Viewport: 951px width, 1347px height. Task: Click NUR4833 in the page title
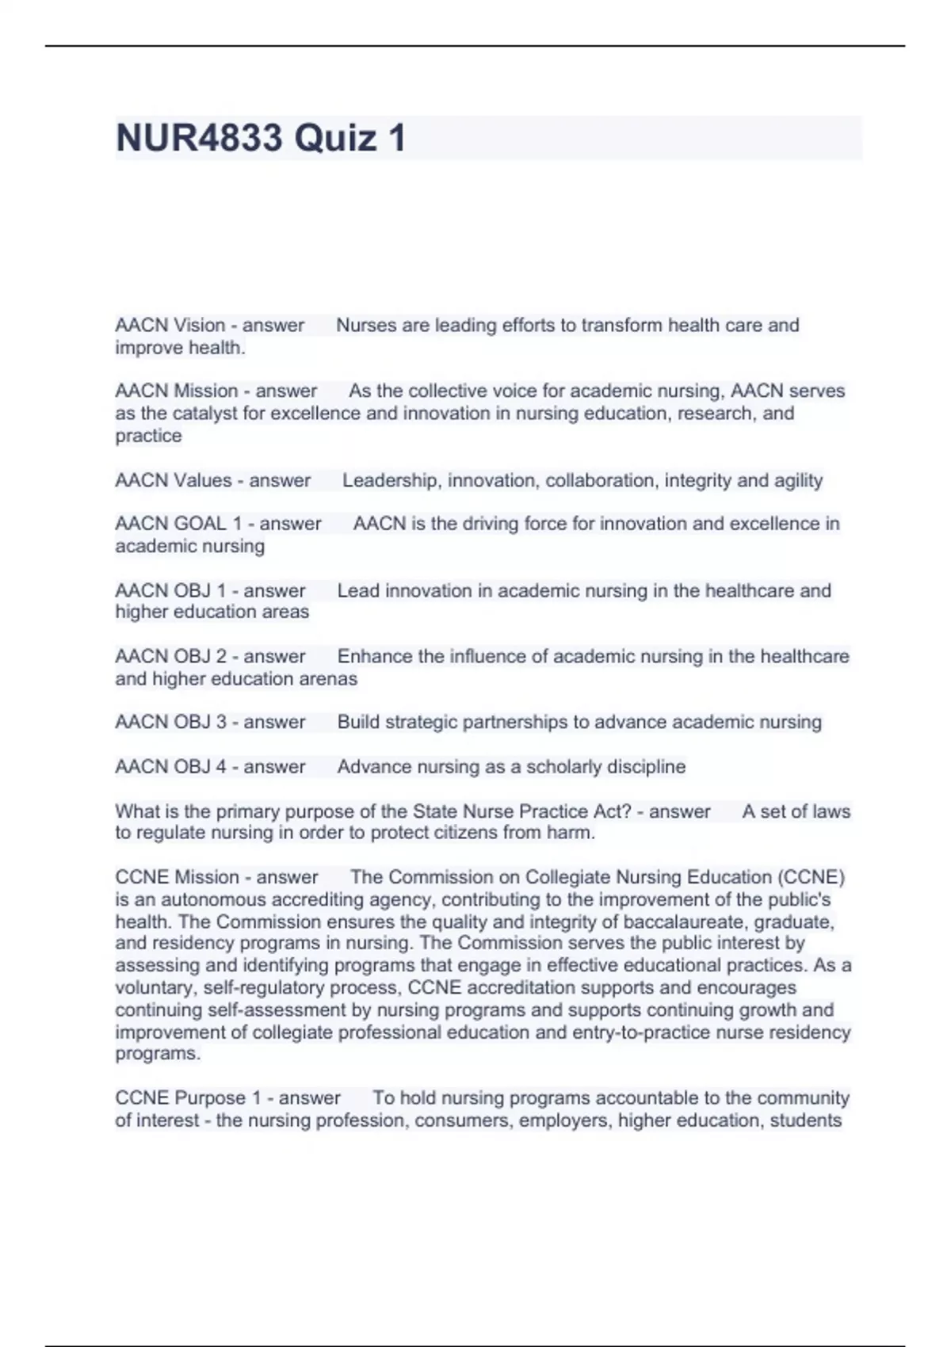tap(199, 138)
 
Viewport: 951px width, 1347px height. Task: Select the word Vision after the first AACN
tap(199, 325)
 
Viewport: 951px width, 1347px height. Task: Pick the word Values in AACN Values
tap(202, 480)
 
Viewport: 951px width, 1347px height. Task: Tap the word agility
tap(798, 480)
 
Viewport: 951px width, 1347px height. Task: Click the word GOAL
tap(199, 524)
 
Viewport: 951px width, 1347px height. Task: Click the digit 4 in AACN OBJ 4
tap(221, 766)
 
